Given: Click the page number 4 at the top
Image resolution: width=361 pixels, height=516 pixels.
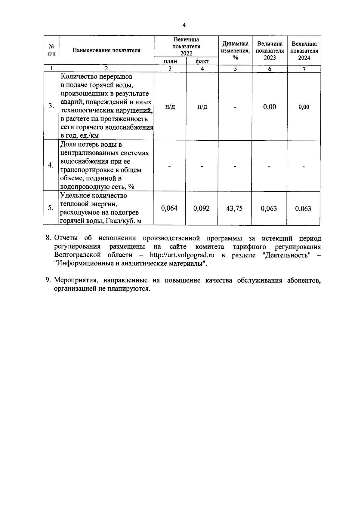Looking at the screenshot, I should point(184,25).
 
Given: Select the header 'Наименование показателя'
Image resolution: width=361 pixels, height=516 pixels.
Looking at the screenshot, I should point(106,50).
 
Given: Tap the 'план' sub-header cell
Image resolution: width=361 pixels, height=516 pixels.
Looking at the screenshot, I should point(170,61).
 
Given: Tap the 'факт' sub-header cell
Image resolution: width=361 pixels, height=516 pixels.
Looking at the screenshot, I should point(202,61).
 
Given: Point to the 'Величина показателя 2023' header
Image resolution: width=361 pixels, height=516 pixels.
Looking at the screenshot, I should point(270,50).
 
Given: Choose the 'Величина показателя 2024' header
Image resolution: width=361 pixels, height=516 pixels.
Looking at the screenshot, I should point(304,50).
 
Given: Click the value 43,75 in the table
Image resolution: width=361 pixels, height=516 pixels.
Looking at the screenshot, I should point(234,208).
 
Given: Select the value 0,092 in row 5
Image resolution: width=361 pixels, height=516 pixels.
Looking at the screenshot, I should point(201,208).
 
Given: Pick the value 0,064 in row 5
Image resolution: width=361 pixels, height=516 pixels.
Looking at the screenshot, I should point(169,208).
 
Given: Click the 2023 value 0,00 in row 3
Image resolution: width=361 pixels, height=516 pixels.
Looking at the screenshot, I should point(270,107).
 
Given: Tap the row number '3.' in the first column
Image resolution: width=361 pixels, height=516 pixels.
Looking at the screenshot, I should point(51,106).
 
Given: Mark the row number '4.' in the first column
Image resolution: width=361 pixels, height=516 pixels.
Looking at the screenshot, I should point(51,166).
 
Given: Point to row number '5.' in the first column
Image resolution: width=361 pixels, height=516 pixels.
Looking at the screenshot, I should point(51,208).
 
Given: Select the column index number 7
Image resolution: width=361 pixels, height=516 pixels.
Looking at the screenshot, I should point(304,69).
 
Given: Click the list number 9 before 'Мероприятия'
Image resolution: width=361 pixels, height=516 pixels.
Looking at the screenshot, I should point(48,280).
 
